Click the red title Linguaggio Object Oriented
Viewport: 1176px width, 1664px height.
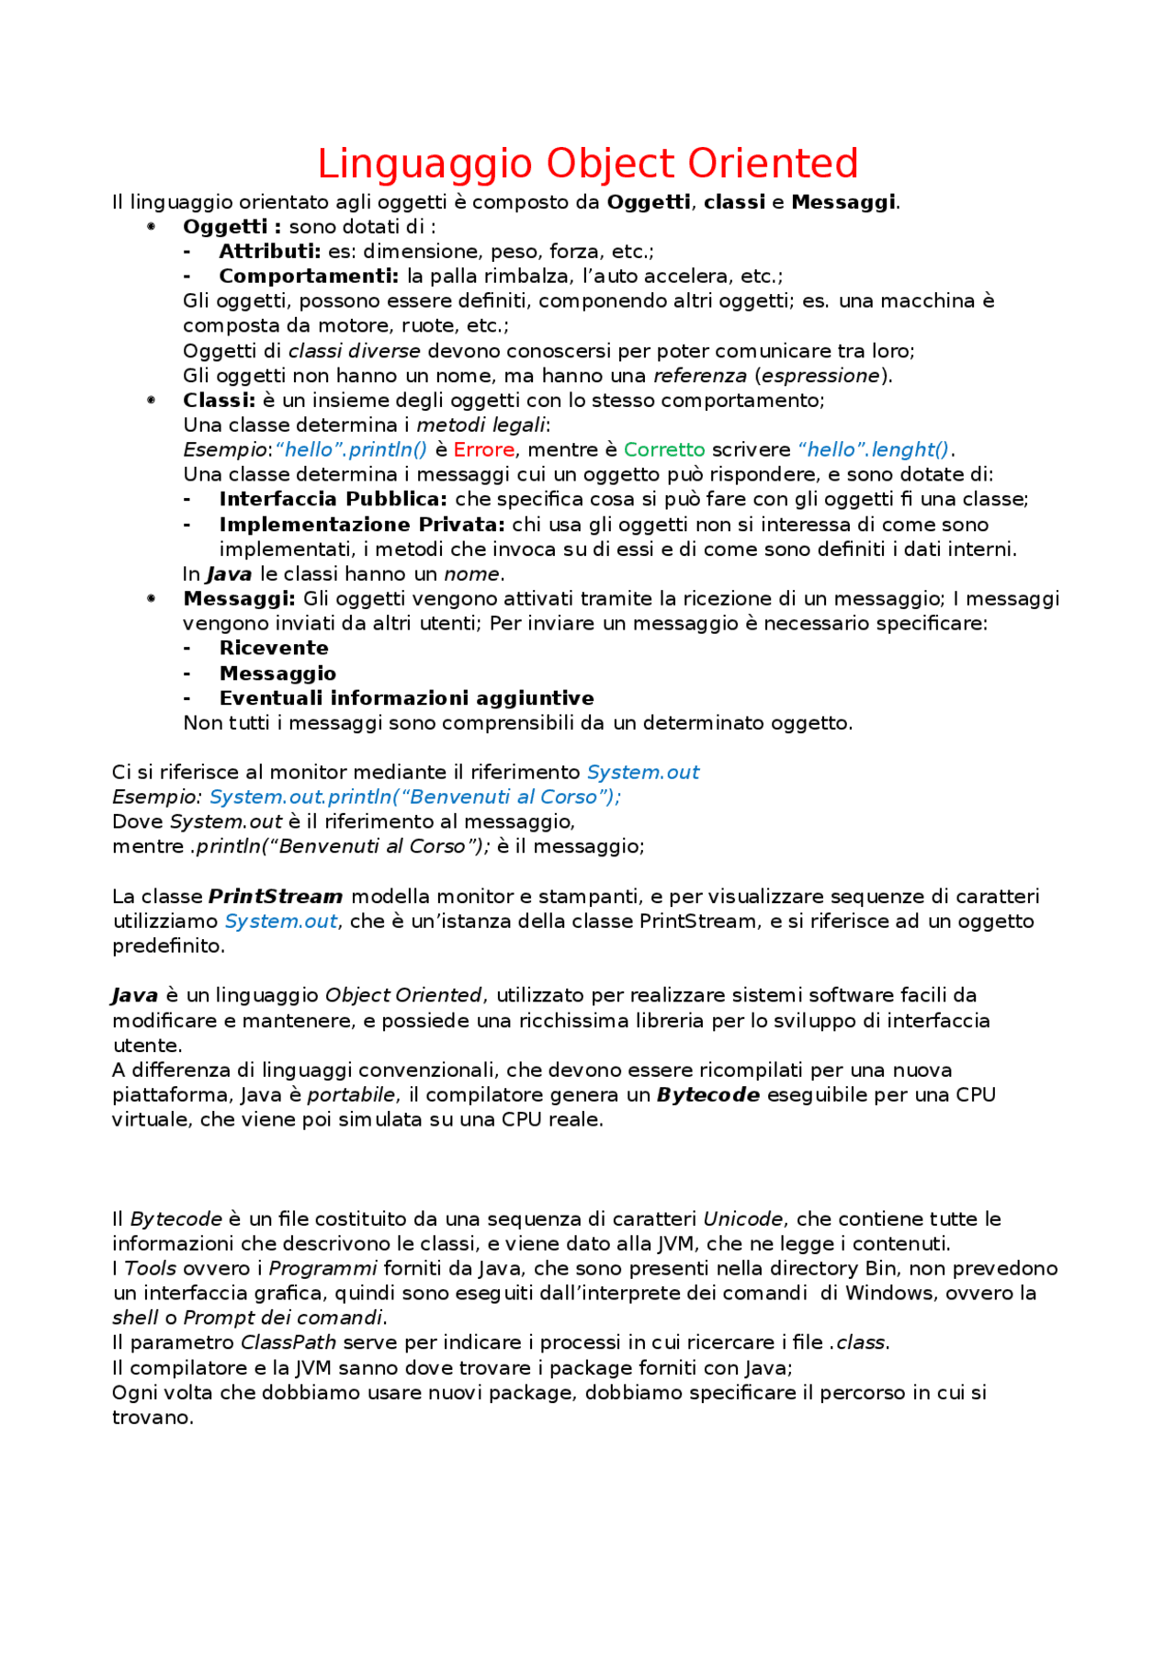587,164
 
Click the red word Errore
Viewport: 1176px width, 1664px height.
483,449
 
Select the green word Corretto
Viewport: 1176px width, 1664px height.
663,449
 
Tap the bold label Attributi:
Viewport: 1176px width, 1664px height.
269,251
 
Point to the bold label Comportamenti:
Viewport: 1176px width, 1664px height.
308,276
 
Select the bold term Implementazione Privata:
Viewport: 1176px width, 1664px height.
361,525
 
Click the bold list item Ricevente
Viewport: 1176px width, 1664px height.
273,648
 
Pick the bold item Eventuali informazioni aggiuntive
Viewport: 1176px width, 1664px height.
406,698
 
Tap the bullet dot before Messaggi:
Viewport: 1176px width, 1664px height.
152,598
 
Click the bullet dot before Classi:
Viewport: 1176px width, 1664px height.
152,400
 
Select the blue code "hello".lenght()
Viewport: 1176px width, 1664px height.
874,449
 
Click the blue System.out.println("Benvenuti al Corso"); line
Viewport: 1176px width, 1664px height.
414,797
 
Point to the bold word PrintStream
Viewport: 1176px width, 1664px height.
275,896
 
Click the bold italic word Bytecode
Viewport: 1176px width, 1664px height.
707,1094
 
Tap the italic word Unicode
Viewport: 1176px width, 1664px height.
742,1218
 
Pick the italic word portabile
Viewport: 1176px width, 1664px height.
351,1094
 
